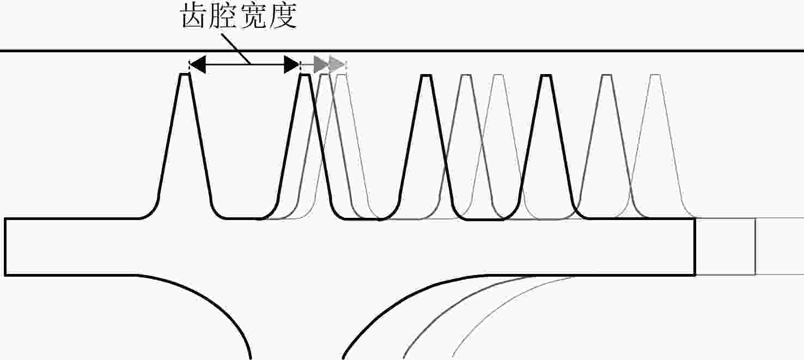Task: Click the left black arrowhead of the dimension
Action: (x=198, y=65)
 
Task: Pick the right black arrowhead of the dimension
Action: (x=292, y=65)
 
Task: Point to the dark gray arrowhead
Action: (x=321, y=65)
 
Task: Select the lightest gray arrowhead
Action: (x=337, y=65)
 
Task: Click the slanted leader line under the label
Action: (x=236, y=49)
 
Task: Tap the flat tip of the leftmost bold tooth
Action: (x=185, y=74)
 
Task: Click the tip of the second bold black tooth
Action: (x=304, y=75)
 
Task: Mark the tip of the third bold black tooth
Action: (x=425, y=75)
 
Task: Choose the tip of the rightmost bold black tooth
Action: (x=546, y=75)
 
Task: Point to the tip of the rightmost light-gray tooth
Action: (x=655, y=75)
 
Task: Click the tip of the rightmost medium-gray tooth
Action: (x=607, y=75)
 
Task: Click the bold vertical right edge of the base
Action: (x=695, y=247)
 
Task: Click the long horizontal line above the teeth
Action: (x=402, y=51)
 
